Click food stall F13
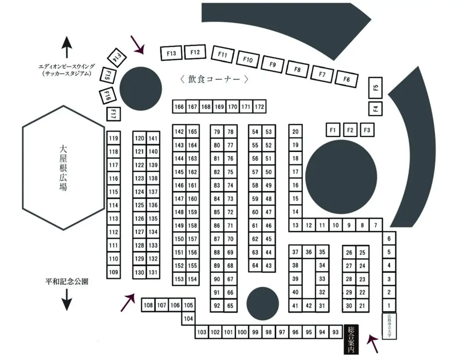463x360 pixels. [171, 53]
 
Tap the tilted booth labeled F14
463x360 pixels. [115, 58]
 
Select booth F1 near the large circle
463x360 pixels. [333, 130]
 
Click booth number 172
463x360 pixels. [260, 107]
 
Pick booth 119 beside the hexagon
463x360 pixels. [113, 138]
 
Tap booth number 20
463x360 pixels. [296, 132]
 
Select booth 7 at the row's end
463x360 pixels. [375, 225]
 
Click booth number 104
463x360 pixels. [188, 319]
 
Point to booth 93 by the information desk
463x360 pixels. [335, 332]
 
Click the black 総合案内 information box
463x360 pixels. [351, 339]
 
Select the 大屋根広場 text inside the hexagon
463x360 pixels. [63, 168]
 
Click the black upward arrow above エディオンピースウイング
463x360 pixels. [67, 47]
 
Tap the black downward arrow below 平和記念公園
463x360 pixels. [67, 299]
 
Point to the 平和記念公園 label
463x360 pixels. [67, 281]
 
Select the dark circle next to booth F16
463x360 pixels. [140, 88]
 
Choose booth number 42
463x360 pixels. [309, 306]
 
